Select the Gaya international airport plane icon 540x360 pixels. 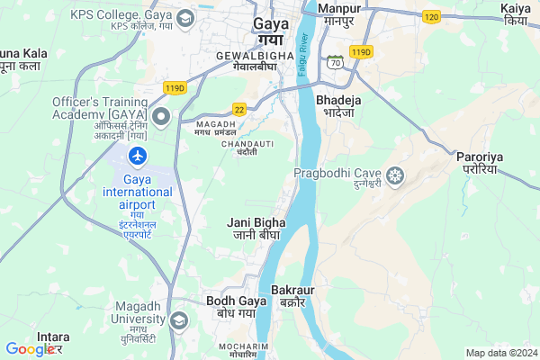(x=138, y=157)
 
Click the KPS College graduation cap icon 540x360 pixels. (x=185, y=18)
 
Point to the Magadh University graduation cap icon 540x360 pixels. (x=178, y=320)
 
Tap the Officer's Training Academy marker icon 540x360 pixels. (x=162, y=116)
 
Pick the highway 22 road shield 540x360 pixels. (x=239, y=109)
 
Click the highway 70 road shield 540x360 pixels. (x=335, y=63)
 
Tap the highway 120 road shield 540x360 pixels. (x=432, y=17)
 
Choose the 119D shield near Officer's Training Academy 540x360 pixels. (x=175, y=87)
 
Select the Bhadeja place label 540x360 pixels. (x=339, y=101)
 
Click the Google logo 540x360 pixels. (x=30, y=349)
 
